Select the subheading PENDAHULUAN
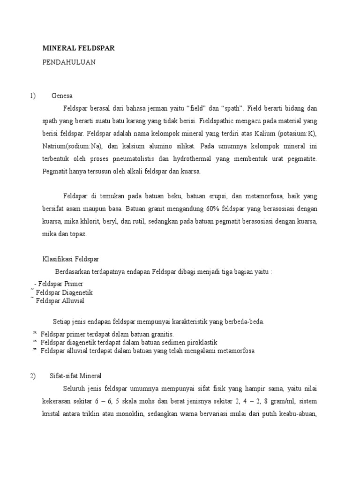pos(69,62)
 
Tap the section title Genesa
pos(62,97)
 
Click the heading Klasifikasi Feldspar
pos(71,259)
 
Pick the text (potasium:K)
pos(298,134)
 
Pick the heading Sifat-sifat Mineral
pos(75,376)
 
